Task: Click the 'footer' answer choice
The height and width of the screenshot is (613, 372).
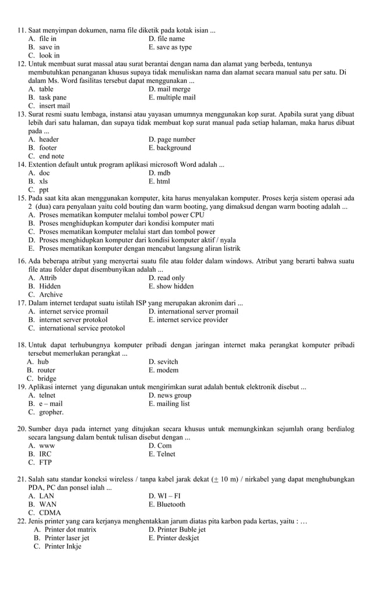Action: (x=48, y=148)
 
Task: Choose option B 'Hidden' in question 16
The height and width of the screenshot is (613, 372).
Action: (x=50, y=286)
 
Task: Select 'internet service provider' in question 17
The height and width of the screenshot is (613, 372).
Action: (x=188, y=320)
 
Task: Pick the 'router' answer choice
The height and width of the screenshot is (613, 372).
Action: (x=46, y=370)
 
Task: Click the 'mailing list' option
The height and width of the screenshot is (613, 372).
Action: (x=169, y=404)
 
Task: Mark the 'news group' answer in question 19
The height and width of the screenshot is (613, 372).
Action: (x=170, y=395)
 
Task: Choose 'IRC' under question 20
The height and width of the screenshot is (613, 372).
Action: (x=45, y=454)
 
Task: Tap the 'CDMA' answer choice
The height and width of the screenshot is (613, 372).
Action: (x=50, y=513)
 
